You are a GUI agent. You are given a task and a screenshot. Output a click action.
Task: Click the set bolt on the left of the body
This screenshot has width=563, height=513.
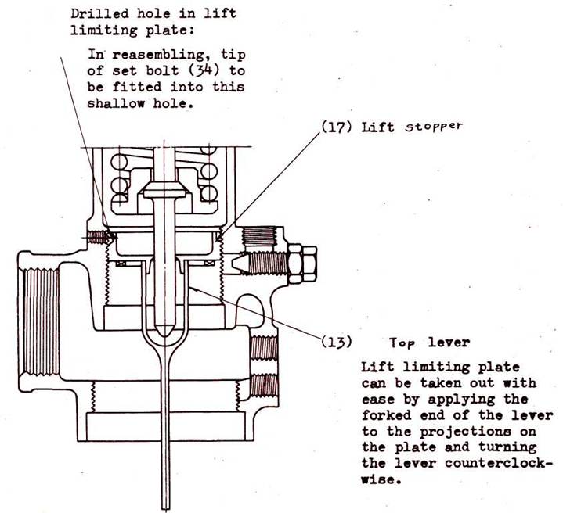(x=96, y=236)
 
